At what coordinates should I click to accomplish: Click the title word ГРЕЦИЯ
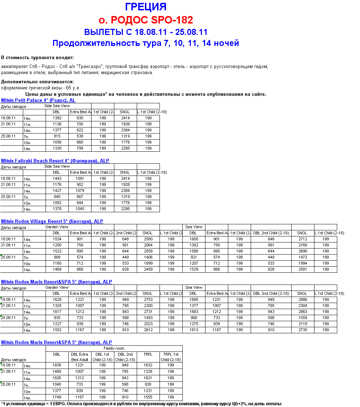[146, 7]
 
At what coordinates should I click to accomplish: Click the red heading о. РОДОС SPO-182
[146, 20]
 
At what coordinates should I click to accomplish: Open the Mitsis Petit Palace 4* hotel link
[38, 100]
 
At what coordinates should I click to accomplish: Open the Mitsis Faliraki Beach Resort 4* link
[55, 161]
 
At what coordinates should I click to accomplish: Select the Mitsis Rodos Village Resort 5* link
[52, 221]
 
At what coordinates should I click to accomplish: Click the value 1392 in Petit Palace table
[57, 118]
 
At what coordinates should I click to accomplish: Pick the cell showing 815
[57, 136]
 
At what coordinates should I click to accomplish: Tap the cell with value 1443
[57, 178]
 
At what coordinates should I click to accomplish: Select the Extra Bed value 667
[80, 197]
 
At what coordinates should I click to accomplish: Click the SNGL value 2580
[148, 239]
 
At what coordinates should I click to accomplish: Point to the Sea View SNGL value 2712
[302, 239]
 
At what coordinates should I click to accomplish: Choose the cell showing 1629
[57, 299]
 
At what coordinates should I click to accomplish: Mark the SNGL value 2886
[302, 299]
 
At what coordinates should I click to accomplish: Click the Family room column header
[114, 348]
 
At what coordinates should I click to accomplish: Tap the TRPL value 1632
[148, 365]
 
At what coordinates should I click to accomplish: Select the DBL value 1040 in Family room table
[57, 384]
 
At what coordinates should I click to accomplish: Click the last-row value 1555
[148, 397]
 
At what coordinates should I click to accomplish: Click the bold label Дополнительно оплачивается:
[37, 82]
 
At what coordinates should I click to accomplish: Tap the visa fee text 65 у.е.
[73, 88]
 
